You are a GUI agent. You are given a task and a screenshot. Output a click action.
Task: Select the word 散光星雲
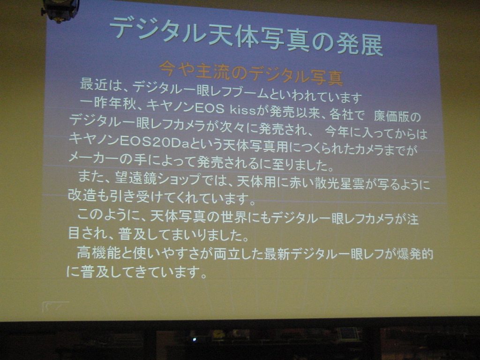339,183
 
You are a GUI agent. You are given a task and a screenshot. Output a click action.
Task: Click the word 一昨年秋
107,104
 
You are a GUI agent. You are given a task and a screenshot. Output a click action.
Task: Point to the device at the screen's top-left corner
60,10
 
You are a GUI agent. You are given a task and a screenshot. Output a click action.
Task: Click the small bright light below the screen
194,339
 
